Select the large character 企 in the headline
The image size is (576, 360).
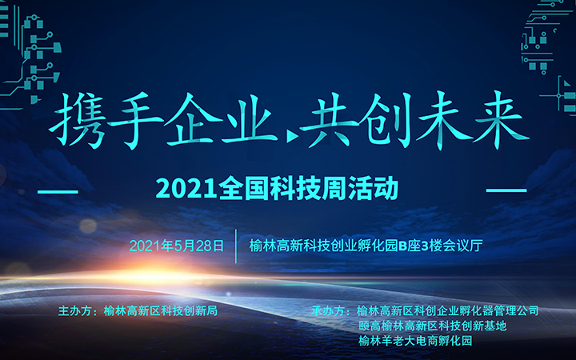point(193,119)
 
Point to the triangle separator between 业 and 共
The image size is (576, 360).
point(293,137)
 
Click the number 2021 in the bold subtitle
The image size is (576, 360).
point(186,189)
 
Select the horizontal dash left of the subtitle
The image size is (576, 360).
point(58,192)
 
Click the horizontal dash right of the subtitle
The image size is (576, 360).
point(506,190)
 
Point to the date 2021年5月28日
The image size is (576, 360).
point(176,246)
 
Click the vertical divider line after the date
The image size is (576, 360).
point(236,246)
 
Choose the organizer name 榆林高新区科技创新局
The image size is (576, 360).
point(161,310)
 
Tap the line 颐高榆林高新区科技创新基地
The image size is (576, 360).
point(433,326)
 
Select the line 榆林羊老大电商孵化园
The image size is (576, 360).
point(415,341)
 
